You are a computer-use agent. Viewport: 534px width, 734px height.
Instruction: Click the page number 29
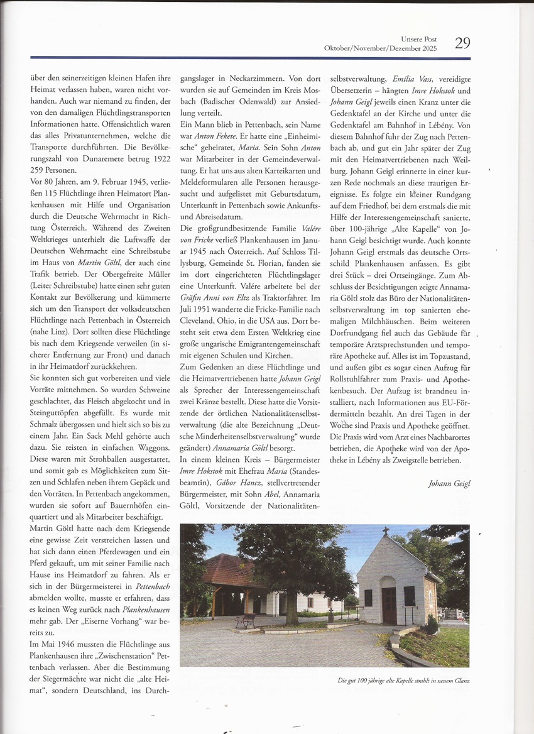point(462,43)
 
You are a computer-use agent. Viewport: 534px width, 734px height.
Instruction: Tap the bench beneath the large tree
point(246,619)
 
